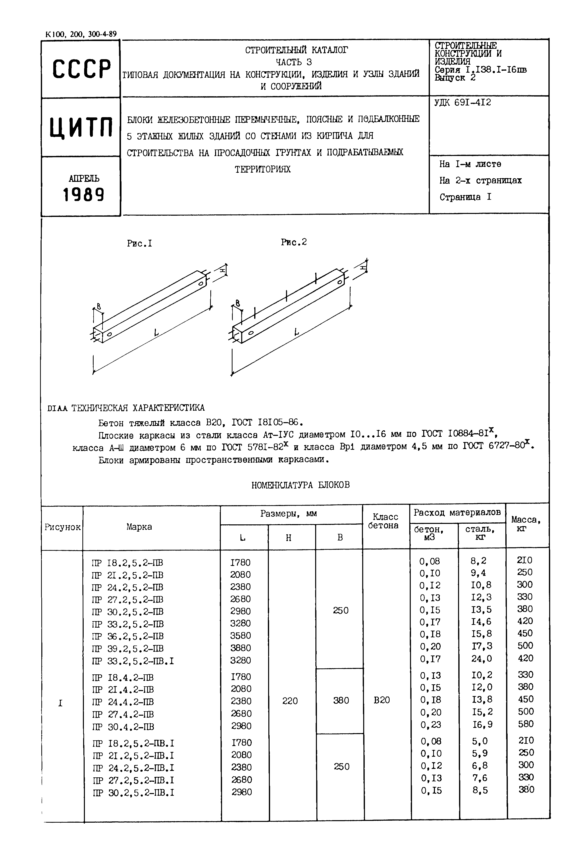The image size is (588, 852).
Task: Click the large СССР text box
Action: (81, 69)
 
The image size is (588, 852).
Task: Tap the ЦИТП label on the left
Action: (81, 127)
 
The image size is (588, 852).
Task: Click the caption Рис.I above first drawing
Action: (139, 243)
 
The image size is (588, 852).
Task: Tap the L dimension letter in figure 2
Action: (296, 332)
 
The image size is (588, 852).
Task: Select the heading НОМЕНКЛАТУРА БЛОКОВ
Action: (300, 485)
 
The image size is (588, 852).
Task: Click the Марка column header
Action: (139, 527)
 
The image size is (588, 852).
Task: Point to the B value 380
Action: (341, 700)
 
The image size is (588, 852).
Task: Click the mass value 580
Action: (525, 724)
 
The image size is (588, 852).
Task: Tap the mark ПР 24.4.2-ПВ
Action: (123, 702)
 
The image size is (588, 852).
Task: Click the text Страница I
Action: (465, 197)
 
